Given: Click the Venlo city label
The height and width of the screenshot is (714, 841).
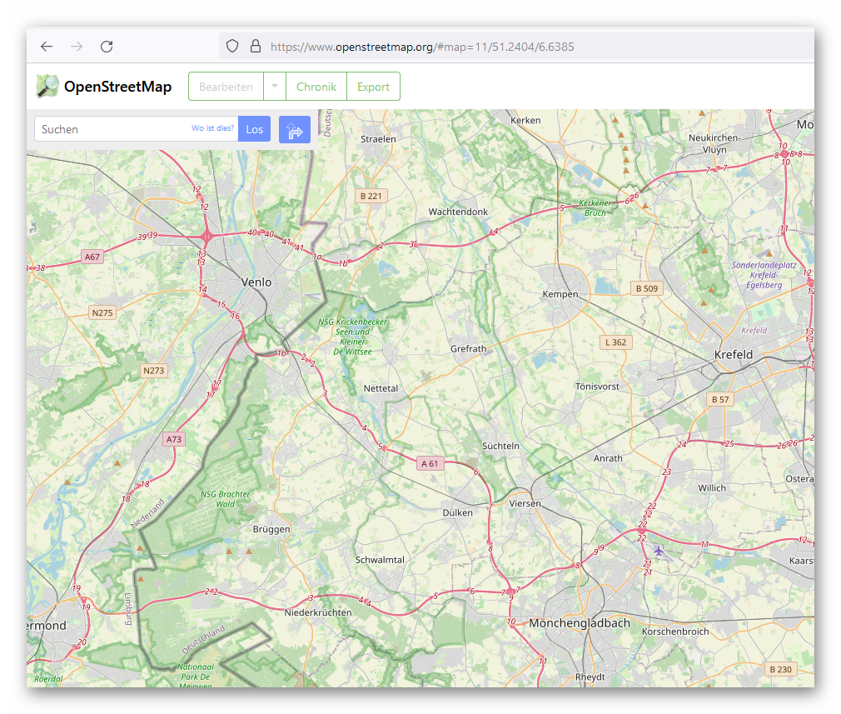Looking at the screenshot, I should [256, 282].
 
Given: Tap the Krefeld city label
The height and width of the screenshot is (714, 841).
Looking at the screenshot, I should [734, 355].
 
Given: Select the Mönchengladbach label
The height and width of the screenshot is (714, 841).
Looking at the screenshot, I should [580, 622].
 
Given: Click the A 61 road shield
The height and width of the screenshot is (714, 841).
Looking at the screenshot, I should [430, 463].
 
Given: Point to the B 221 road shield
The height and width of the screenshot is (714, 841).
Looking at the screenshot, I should [371, 196].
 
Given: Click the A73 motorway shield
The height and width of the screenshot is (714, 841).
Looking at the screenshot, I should [173, 439].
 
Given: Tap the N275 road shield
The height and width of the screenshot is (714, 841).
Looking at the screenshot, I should [102, 312].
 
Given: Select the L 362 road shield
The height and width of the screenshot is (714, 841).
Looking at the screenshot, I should [616, 342].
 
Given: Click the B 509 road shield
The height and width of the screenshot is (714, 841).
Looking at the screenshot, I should [646, 289].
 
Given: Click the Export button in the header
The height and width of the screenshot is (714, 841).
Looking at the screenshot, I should [373, 87].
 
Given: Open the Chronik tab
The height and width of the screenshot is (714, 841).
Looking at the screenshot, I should [316, 87].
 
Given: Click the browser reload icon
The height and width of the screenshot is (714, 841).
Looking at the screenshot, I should [107, 47].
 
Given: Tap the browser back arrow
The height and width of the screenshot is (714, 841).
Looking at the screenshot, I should [47, 47].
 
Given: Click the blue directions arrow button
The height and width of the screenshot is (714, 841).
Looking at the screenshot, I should [295, 129].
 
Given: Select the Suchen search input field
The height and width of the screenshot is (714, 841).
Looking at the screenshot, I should [112, 129].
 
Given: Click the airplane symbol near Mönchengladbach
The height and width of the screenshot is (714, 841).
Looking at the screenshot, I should [659, 551].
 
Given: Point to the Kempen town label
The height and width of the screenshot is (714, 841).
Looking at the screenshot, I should [560, 294].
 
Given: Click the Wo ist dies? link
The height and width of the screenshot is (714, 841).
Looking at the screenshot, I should [213, 128].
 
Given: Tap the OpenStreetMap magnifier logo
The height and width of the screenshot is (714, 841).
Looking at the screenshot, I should [47, 86].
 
